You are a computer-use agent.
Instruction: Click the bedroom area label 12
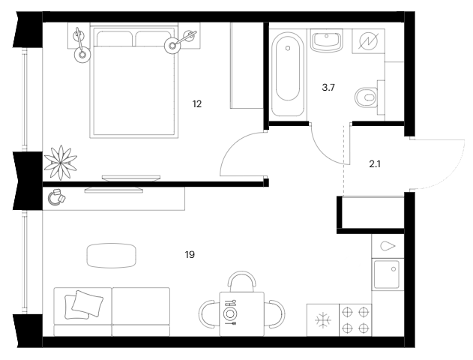197,104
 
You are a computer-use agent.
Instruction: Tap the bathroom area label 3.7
328,88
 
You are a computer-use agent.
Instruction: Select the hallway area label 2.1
375,164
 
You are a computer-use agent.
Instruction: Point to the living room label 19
190,255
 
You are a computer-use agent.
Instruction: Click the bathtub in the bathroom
288,74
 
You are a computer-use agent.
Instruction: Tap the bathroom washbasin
327,40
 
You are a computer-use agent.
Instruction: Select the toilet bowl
367,97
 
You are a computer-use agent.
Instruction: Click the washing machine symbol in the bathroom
368,41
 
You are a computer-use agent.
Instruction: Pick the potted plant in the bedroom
61,162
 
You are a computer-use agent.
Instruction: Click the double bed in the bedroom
134,82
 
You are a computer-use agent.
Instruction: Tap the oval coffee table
111,256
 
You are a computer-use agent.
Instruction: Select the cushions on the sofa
84,304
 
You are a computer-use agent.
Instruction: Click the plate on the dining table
229,313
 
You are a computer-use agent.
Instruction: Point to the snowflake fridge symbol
323,319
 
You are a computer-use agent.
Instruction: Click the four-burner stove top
355,319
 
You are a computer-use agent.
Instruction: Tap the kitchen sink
388,274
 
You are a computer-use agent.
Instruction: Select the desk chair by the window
57,197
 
